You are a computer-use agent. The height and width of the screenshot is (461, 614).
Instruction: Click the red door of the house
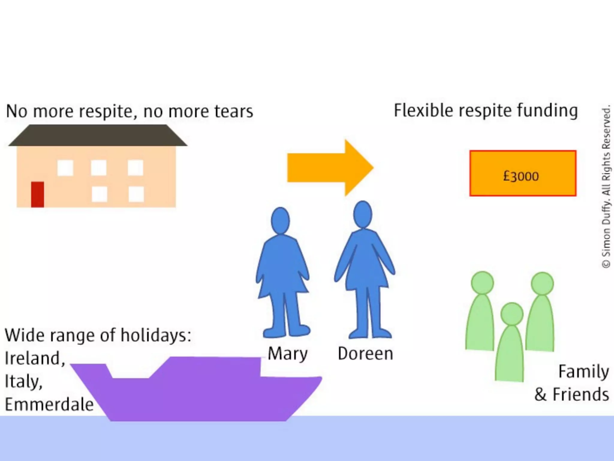coord(37,194)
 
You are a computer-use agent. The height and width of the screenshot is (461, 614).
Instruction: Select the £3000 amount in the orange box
coord(521,176)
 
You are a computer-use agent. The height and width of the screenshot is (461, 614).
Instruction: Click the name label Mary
coord(288,354)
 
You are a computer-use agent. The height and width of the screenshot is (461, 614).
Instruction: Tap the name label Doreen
coord(365,354)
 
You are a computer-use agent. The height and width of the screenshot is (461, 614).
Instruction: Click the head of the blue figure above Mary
coord(280,221)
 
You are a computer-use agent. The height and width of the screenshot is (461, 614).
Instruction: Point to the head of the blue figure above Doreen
coord(362,215)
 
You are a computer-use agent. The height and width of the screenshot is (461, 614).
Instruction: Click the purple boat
coord(198,390)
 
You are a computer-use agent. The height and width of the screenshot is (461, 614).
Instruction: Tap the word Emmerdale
coord(49,404)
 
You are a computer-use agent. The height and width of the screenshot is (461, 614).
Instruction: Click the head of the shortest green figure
coord(512,314)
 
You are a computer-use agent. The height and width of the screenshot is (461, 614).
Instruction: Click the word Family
coord(583,372)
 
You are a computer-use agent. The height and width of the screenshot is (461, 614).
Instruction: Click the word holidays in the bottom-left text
coord(156,335)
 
